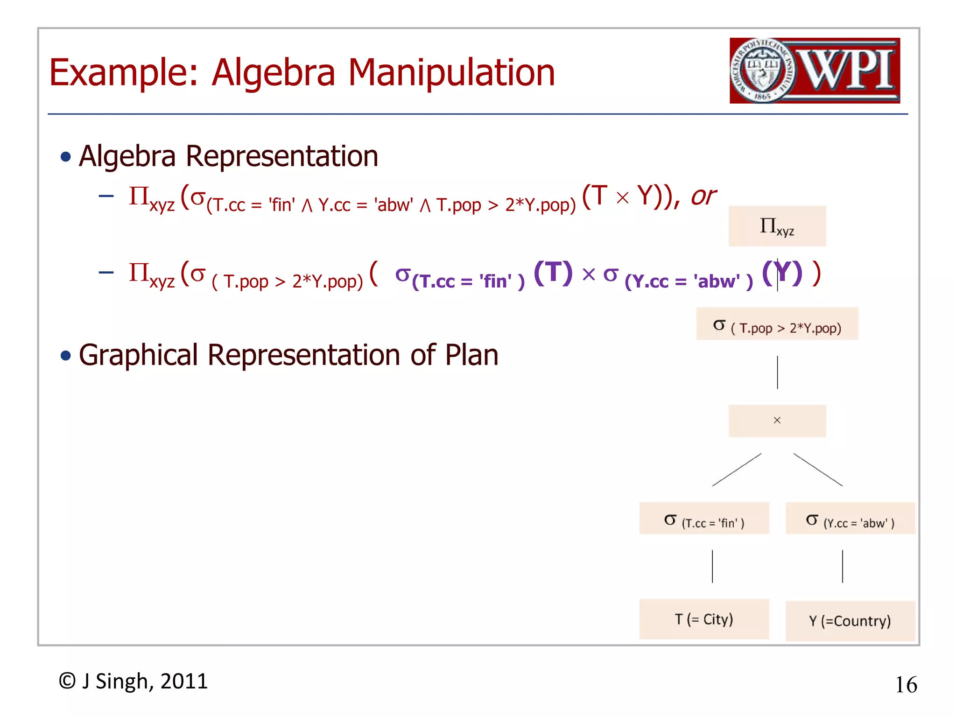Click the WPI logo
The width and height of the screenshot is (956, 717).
[x=815, y=70]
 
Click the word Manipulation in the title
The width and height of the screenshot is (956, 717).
[x=451, y=73]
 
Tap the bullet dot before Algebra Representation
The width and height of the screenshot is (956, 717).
[x=66, y=157]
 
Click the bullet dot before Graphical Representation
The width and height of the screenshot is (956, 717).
[x=66, y=356]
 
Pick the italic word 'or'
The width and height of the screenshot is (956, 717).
[x=703, y=196]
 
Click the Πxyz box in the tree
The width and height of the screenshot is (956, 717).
[x=777, y=226]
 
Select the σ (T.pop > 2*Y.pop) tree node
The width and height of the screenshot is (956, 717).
[x=777, y=324]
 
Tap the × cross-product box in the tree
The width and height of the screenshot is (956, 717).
[x=777, y=421]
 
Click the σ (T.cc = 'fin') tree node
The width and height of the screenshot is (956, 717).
[x=704, y=519]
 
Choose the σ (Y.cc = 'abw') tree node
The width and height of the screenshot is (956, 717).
[x=850, y=519]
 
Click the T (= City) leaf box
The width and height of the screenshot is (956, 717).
[x=704, y=619]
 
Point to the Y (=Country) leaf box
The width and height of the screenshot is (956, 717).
[x=850, y=621]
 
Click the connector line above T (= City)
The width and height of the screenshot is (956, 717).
[x=712, y=566]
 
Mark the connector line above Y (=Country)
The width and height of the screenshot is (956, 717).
[x=843, y=566]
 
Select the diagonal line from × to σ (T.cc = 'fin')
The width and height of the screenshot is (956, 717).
[x=737, y=470]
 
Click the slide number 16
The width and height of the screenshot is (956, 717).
[x=906, y=685]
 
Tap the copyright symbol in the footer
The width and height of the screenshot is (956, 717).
[x=67, y=681]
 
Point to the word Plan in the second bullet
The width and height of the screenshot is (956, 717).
[x=471, y=355]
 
